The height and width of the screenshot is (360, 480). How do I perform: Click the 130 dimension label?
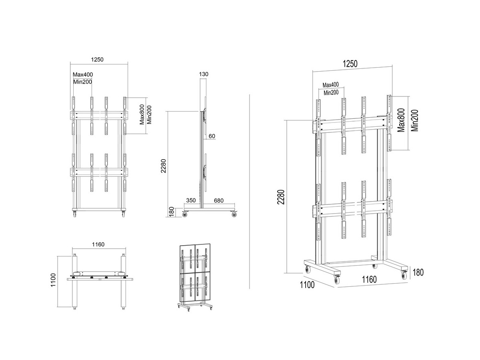point(204,74)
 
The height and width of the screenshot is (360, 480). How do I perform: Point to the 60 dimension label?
point(212,136)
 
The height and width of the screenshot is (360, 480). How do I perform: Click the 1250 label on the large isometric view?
point(350,64)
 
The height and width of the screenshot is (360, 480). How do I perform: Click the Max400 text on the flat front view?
point(82,74)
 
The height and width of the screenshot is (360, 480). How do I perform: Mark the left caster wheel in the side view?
point(185,215)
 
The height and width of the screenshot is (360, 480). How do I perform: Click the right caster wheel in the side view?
point(234,215)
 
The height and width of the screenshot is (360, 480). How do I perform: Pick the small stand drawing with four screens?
point(194,276)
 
